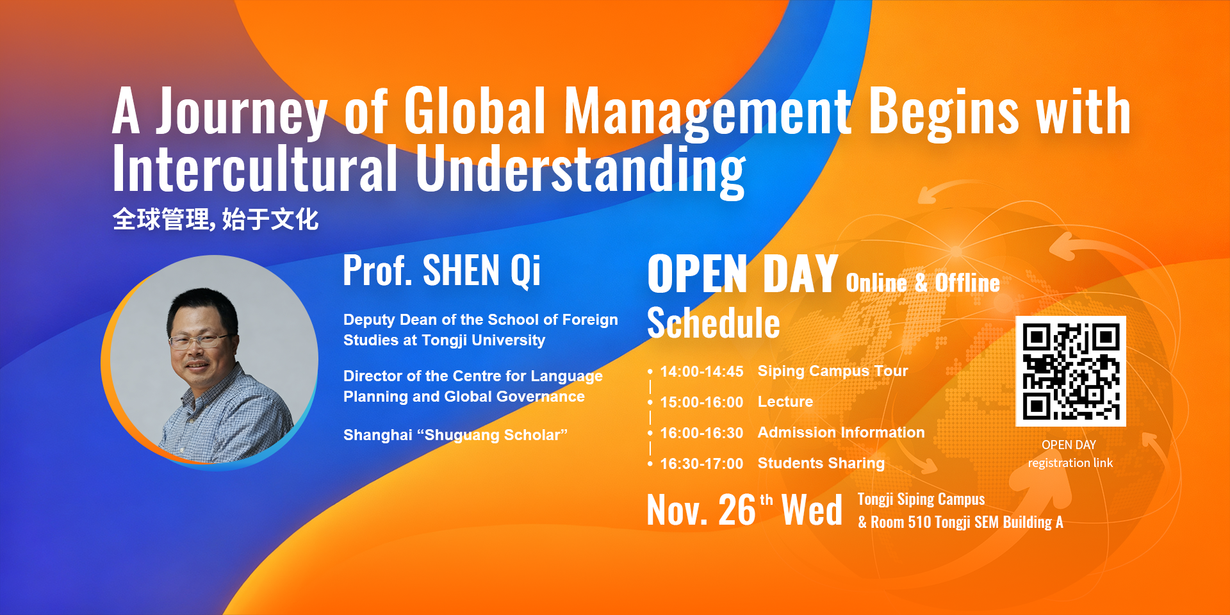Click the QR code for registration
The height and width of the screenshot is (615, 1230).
point(1070,371)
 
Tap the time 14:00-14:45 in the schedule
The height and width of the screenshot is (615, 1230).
point(701,372)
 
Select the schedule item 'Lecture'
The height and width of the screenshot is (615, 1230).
point(785,402)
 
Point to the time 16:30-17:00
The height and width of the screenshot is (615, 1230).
point(701,464)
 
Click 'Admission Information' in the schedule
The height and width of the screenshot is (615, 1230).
point(841,432)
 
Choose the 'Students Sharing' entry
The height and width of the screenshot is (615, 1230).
point(821,463)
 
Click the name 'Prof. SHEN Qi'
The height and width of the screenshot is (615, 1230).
point(441,270)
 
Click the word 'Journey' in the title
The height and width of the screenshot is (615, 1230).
point(242,112)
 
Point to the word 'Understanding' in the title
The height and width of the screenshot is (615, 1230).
point(580,169)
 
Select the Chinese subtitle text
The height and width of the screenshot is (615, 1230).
point(215,219)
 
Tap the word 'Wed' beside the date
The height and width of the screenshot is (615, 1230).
point(811,511)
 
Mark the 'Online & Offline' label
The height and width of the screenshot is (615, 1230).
point(922,283)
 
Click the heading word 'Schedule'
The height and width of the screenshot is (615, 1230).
point(713,323)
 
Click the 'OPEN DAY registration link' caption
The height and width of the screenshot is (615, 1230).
point(1070,454)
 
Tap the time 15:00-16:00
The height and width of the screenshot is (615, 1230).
point(701,402)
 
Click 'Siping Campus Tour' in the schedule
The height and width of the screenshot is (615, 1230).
point(832,371)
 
